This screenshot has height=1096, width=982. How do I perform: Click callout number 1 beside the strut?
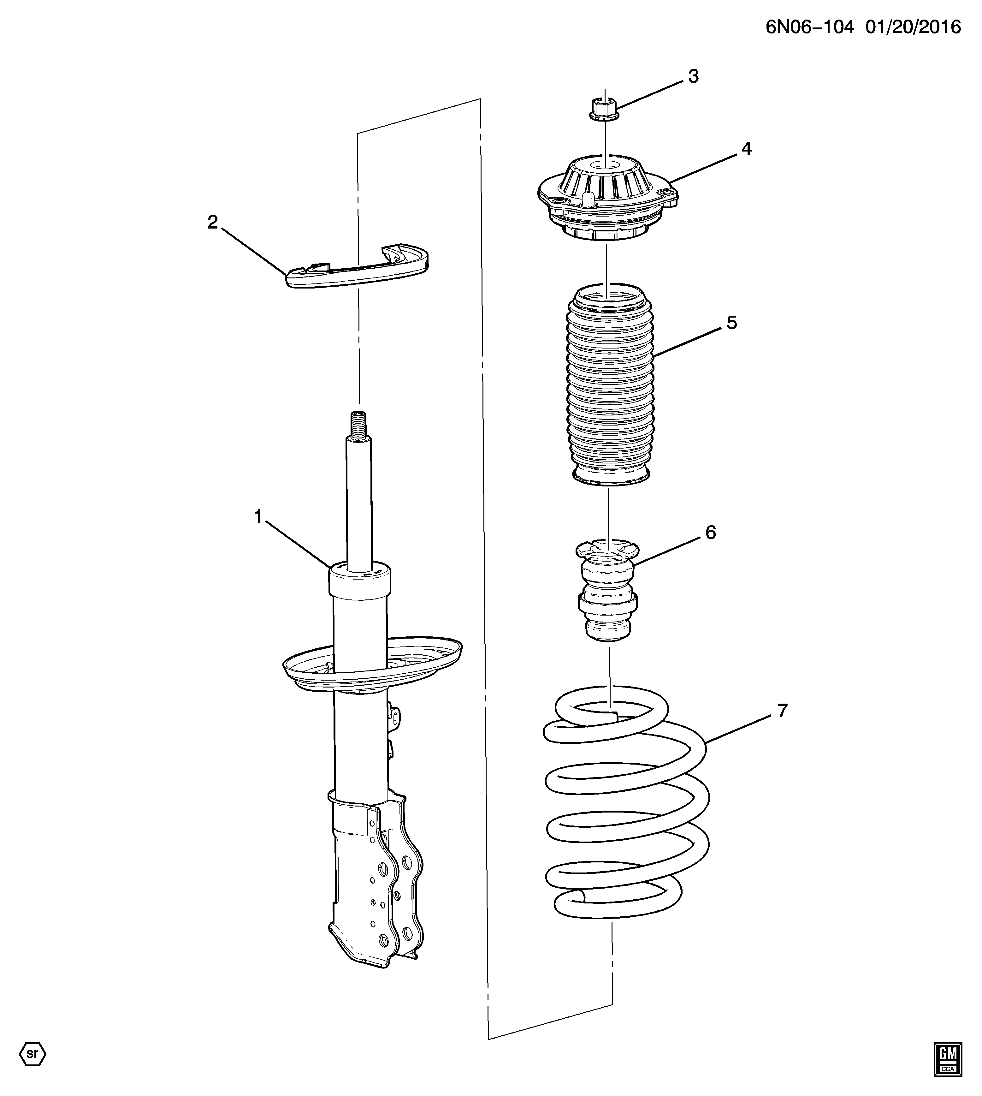(258, 517)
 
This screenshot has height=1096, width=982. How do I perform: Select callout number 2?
(213, 222)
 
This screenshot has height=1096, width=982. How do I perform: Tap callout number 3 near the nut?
(693, 77)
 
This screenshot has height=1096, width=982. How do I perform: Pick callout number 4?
(746, 148)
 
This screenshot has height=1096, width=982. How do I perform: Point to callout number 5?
(732, 323)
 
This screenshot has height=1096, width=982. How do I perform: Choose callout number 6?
(711, 532)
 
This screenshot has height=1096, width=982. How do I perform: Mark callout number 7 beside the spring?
(782, 710)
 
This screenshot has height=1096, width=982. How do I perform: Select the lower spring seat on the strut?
(372, 665)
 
